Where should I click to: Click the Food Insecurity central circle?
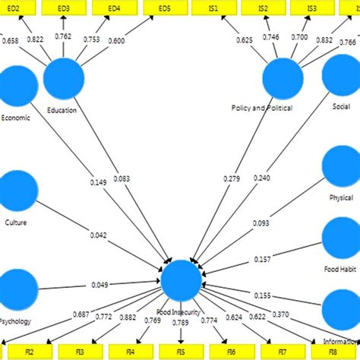tap(182, 279)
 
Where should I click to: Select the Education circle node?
tap(64, 78)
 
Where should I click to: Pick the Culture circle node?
tap(17, 191)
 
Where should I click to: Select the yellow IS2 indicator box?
tap(263, 8)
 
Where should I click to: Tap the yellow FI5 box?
tap(182, 352)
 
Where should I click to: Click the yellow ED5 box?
tap(165, 8)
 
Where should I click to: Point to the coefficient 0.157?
tap(262, 260)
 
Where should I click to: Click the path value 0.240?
tap(261, 178)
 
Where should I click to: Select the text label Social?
tap(341, 108)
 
